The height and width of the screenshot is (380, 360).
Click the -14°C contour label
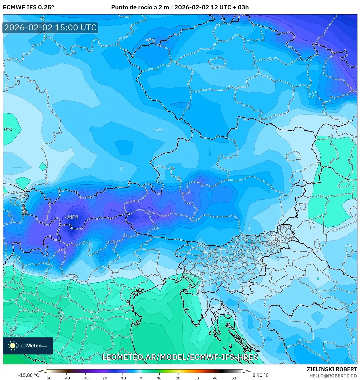pos(72,217)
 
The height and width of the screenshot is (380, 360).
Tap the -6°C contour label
pos(150,40)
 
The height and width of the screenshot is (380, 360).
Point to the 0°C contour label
pos(8,130)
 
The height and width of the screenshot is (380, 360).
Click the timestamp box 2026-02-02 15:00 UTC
pos(50,28)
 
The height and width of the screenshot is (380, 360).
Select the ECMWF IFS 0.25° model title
pos(28,7)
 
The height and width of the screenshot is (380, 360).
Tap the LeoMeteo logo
pos(28,346)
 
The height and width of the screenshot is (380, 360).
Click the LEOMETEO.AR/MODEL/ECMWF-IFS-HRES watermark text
pos(180,357)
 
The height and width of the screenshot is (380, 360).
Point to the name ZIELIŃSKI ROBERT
pos(332,369)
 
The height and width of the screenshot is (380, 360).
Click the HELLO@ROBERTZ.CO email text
pos(333,376)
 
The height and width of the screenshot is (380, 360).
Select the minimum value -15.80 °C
pos(28,375)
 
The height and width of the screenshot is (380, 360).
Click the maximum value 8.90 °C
pos(261,375)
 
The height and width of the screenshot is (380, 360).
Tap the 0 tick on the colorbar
pos(141,378)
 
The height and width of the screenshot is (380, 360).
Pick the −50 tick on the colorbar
pos(48,378)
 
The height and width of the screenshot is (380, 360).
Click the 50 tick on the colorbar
pos(234,378)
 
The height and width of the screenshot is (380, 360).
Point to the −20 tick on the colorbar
pos(104,378)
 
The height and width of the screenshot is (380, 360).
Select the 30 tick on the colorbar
pos(197,378)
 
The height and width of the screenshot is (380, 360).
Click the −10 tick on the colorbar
pos(122,378)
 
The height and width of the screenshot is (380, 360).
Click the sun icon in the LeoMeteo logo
pos(13,346)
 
